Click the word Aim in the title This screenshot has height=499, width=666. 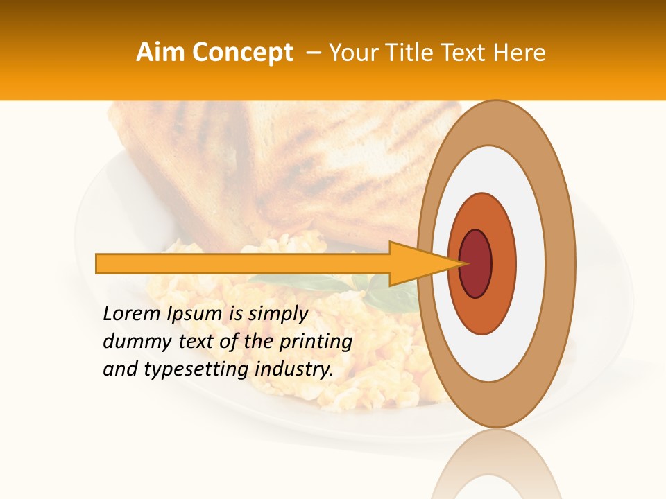[160, 53]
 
